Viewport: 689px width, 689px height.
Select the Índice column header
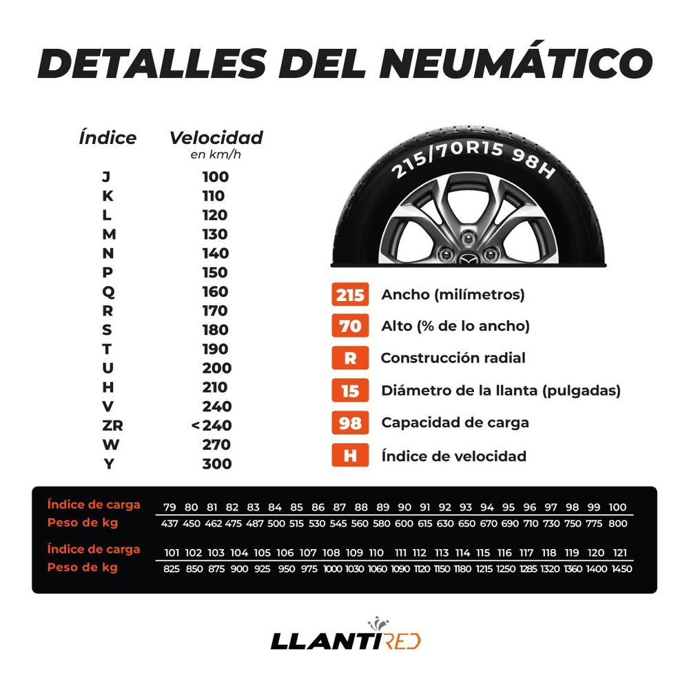tap(107, 138)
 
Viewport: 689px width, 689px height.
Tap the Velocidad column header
tap(216, 138)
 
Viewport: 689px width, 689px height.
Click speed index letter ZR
tap(107, 425)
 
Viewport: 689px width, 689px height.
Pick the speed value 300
tap(216, 464)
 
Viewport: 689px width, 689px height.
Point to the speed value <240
tap(212, 425)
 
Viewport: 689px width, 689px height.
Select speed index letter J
tap(105, 176)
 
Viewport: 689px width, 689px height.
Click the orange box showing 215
tap(350, 295)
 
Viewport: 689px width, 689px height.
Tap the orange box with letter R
tap(350, 358)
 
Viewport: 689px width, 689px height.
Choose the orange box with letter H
tap(350, 455)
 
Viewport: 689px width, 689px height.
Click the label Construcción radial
tap(453, 358)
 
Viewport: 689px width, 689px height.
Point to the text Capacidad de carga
tap(455, 422)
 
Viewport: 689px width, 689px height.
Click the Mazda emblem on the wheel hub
tap(469, 259)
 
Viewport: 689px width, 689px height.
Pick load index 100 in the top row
tap(618, 507)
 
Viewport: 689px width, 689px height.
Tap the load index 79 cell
tap(169, 507)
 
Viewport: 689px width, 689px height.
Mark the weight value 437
tap(169, 524)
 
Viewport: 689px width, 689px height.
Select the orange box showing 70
tap(350, 326)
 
